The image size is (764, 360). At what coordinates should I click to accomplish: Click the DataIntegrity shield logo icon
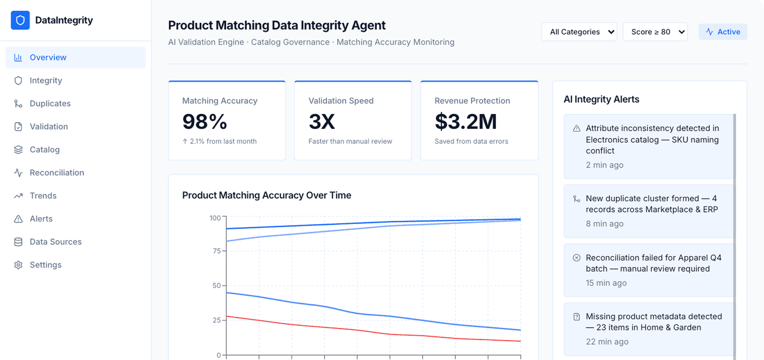pos(20,20)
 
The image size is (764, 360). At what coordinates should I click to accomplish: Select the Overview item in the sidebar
pos(48,58)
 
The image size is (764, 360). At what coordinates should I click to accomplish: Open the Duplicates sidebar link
pos(50,104)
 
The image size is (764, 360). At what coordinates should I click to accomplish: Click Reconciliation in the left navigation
pos(57,173)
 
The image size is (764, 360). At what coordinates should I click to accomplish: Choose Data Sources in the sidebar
pos(55,242)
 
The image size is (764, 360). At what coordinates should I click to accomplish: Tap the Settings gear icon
pos(18,265)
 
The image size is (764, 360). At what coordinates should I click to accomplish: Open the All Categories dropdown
pos(579,32)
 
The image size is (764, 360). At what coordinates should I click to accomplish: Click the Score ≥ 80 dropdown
pos(655,32)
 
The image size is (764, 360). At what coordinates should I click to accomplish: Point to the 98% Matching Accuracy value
pos(205,122)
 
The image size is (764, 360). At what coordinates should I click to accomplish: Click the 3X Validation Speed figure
pos(322,122)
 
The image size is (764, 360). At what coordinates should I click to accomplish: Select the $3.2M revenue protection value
pos(466,122)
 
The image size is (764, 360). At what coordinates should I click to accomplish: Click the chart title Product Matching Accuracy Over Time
pos(267,195)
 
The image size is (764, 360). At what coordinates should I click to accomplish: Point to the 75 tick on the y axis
pos(217,251)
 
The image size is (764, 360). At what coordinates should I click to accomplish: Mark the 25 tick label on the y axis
pos(217,320)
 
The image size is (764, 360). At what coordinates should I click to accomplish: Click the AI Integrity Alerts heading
pos(601,99)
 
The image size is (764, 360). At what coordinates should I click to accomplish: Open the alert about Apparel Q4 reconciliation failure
pos(649,270)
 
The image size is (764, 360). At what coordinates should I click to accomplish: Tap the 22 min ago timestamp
pos(607,342)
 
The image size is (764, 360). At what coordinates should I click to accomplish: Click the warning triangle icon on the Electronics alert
pos(577,129)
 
